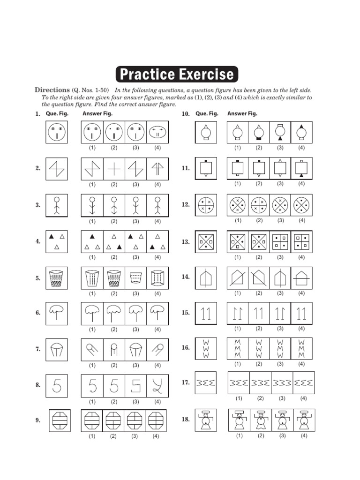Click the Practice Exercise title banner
177,75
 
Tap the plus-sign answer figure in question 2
114,168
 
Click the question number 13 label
186,242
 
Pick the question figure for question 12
206,204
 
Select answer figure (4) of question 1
157,132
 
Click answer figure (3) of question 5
136,278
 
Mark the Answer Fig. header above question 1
97,113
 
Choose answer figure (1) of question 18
240,420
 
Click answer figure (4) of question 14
301,277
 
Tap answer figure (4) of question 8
157,385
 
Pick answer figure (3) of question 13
280,242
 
